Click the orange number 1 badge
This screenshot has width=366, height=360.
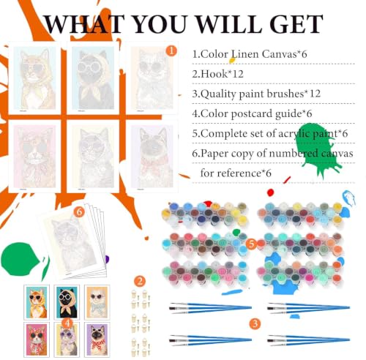point(171,51)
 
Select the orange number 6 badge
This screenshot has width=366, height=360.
point(79,211)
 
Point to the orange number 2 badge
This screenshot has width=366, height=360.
point(140,282)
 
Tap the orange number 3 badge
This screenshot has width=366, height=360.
point(255,323)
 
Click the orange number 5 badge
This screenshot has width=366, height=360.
point(251,244)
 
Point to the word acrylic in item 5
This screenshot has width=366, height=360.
point(294,134)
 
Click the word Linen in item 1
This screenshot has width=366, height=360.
point(244,54)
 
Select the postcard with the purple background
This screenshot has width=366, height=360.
point(97,340)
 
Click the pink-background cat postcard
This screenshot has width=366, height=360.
point(37,340)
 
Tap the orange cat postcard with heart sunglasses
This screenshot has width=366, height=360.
point(37,302)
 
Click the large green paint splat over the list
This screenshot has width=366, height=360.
point(316,149)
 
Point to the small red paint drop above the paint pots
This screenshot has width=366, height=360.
point(270,192)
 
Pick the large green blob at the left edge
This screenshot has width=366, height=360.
point(20,259)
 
